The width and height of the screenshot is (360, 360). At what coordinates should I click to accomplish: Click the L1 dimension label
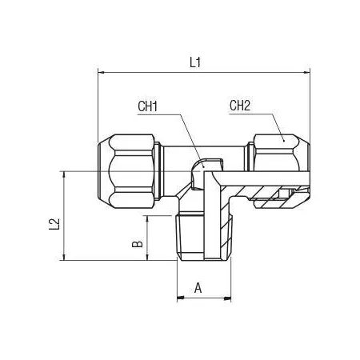[x=195, y=63]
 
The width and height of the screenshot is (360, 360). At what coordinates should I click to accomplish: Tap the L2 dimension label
[x=54, y=224]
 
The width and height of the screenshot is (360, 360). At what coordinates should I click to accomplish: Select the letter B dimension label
[x=138, y=244]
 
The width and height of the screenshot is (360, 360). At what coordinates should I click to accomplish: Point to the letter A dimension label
[x=198, y=288]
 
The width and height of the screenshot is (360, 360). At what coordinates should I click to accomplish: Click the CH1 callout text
[x=147, y=106]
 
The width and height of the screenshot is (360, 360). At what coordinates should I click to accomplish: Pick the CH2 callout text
[x=240, y=106]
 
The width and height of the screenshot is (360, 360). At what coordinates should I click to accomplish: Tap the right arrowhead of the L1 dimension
[x=306, y=72]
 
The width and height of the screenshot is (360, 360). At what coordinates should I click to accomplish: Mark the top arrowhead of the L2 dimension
[x=64, y=174]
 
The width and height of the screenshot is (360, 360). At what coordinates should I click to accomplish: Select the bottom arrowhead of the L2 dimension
[x=64, y=257]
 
